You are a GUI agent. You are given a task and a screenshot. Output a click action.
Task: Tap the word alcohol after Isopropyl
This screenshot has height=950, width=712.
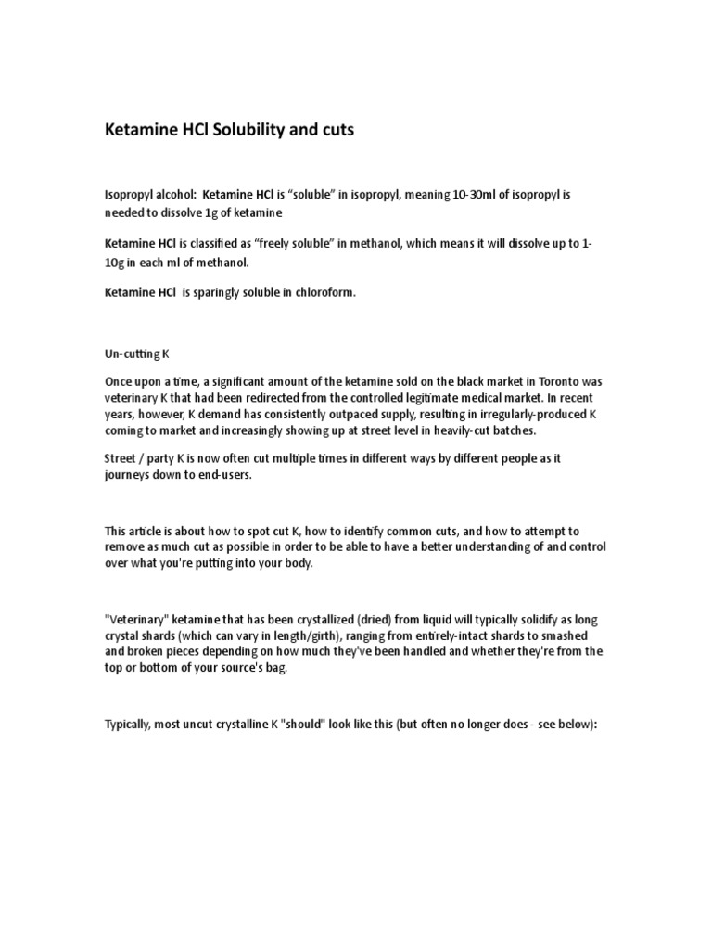(x=170, y=196)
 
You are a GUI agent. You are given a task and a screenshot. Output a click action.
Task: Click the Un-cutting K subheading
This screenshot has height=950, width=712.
(x=136, y=355)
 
